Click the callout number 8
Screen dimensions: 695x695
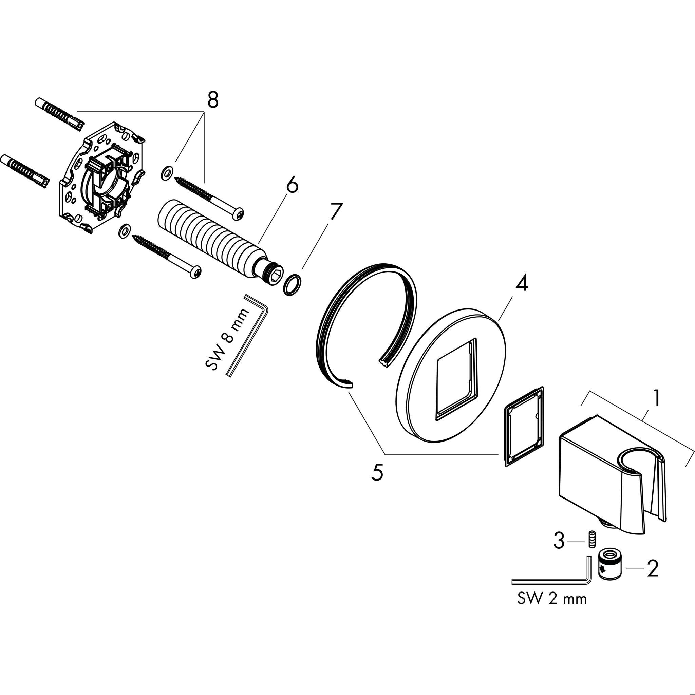212,100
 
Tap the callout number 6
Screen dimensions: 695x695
293,185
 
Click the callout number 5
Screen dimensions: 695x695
377,472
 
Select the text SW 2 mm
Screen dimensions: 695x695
552,599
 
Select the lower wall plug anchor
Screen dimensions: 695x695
24,171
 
